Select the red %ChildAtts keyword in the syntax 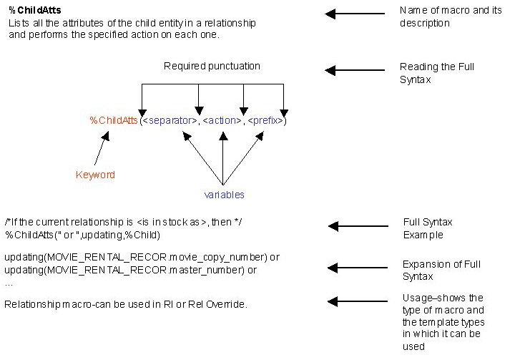tap(113, 121)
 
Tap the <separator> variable tap(169, 121)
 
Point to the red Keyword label tap(95, 175)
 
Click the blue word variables tap(224, 195)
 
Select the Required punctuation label tap(212, 67)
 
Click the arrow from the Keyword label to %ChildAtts tap(102, 149)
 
